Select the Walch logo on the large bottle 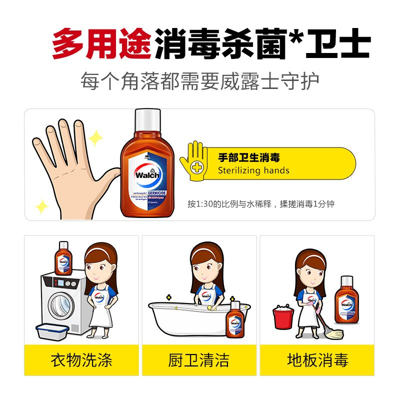tap(147, 175)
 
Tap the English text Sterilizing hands tap(253, 170)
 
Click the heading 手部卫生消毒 tap(248, 157)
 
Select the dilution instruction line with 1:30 tap(260, 204)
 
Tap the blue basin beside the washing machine tap(52, 332)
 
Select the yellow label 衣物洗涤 tap(81, 360)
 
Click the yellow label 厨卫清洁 tap(199, 360)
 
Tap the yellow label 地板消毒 tap(317, 360)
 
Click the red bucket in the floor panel tap(283, 318)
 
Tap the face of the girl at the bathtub tap(206, 270)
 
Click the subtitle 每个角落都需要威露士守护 tap(200, 81)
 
